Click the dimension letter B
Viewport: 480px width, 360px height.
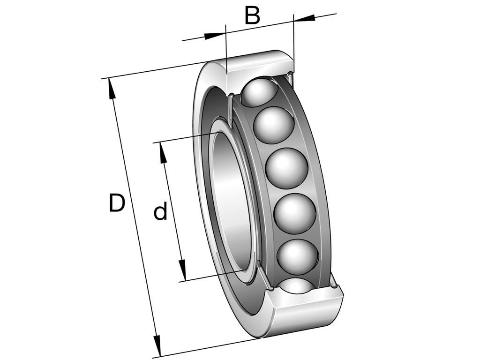click(252, 16)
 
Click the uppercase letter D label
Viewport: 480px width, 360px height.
click(117, 203)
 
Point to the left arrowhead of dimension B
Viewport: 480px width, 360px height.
click(215, 35)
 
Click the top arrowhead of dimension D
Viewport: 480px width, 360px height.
click(112, 89)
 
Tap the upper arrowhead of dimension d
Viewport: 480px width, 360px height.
click(163, 153)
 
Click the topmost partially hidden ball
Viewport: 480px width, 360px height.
click(260, 92)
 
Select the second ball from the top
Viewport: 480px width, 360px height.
click(274, 125)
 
